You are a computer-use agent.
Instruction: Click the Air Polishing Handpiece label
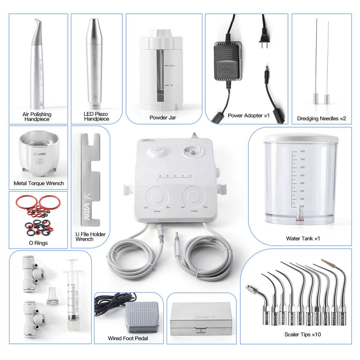(x=37, y=116)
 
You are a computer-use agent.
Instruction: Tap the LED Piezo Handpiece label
(x=96, y=116)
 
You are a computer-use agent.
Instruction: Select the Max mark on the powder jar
(x=172, y=65)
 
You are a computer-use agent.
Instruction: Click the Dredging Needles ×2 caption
(x=321, y=118)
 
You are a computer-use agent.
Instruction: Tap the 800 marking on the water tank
(x=302, y=151)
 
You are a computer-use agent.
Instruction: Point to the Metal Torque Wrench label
(x=39, y=183)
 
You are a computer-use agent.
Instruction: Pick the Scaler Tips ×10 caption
(x=302, y=334)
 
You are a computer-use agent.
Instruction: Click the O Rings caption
(x=38, y=243)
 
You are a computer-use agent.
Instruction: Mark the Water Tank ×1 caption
(x=303, y=238)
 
